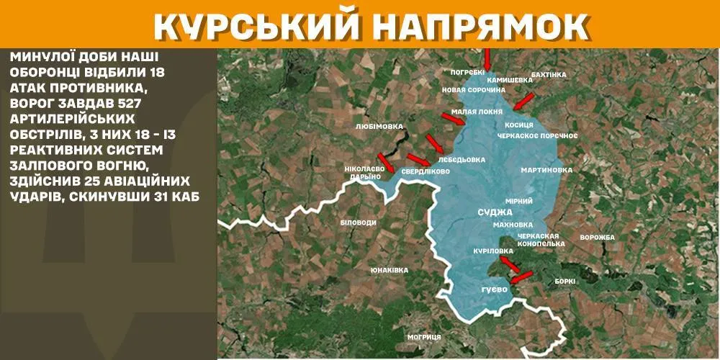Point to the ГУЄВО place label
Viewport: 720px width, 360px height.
tap(495, 289)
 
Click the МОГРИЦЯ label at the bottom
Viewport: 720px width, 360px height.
tap(423, 337)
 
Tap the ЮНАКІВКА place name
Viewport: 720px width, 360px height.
tap(390, 270)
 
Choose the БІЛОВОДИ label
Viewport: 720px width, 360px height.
tap(358, 222)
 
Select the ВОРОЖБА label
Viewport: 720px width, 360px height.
tap(596, 238)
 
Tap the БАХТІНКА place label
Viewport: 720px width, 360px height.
tap(549, 74)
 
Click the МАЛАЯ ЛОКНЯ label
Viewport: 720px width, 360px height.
tap(477, 112)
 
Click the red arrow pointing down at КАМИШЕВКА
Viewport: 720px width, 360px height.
tap(487, 58)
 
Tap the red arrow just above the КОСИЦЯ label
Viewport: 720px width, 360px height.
tap(523, 100)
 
